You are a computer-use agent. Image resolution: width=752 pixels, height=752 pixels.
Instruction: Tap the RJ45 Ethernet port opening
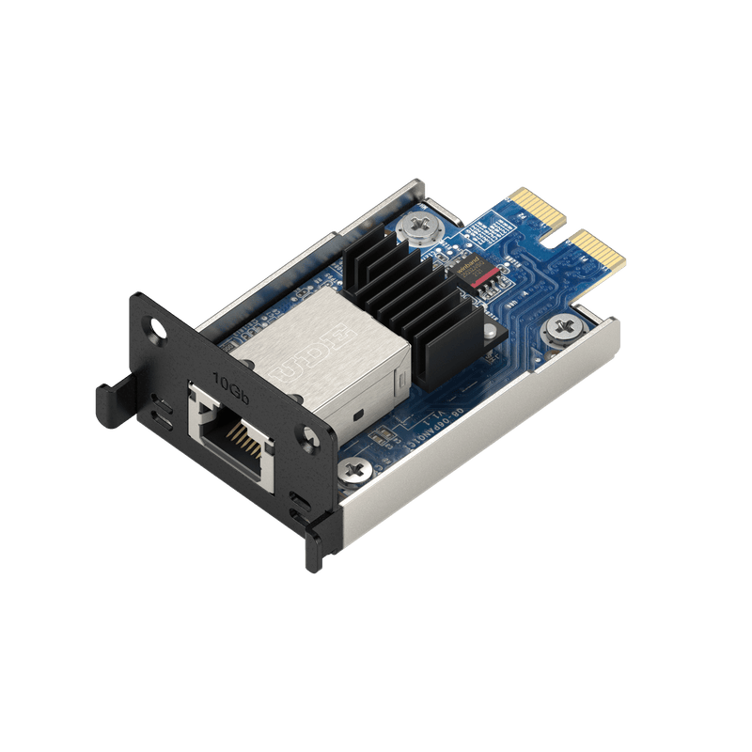click(x=231, y=433)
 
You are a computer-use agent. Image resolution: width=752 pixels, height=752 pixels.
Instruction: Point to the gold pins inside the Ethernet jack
click(x=247, y=435)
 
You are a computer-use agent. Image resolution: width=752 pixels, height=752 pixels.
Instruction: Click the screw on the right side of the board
click(x=560, y=328)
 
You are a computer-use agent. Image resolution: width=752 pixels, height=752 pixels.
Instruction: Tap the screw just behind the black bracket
click(x=356, y=466)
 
